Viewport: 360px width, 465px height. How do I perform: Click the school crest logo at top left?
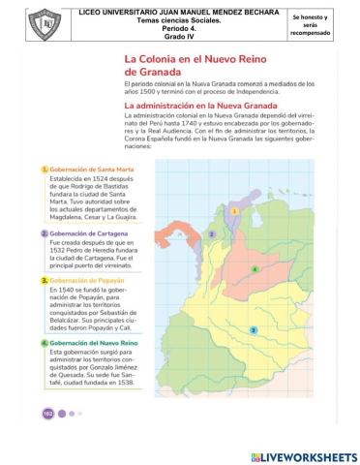click(21, 20)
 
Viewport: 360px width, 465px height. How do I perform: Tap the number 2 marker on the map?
click(210, 234)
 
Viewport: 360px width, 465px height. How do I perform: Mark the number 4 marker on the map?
click(254, 268)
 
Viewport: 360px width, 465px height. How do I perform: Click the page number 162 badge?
click(47, 414)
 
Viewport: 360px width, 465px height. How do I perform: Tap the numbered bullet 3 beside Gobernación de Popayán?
click(44, 279)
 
